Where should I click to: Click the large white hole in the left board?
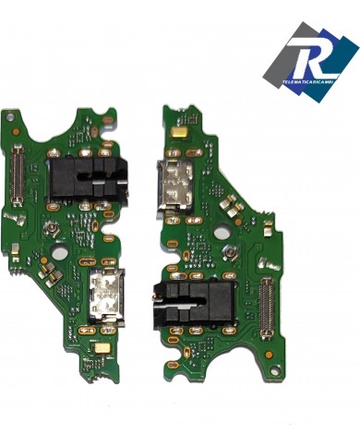[x=57, y=250]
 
